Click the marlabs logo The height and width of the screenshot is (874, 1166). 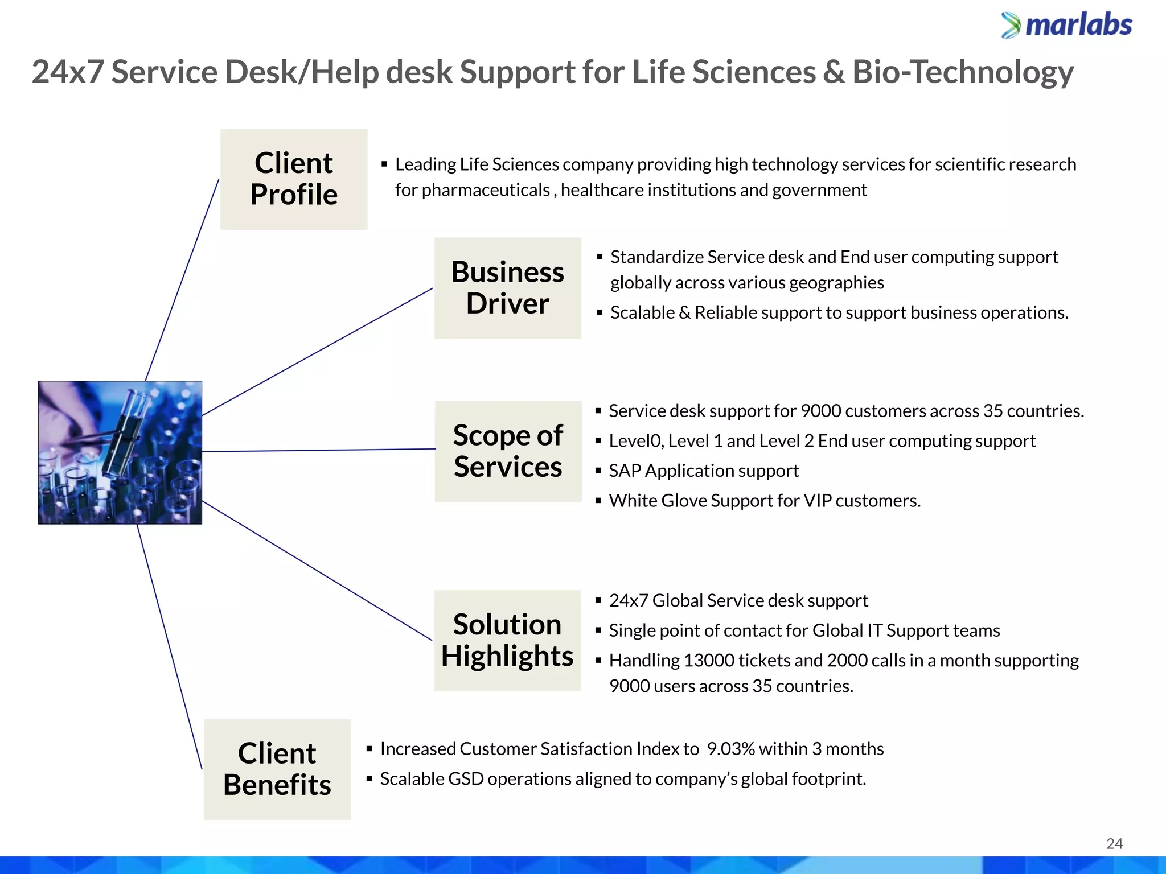tap(1066, 26)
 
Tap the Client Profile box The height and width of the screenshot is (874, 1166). tap(294, 179)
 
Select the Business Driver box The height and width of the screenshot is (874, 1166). tap(507, 288)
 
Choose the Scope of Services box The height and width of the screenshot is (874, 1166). tap(508, 451)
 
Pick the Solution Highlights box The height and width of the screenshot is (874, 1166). tap(507, 640)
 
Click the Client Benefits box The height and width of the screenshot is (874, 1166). tap(277, 769)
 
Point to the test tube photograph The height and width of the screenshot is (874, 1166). tap(120, 452)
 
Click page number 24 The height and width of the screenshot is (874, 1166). tap(1114, 844)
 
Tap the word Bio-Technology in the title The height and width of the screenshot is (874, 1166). tap(963, 72)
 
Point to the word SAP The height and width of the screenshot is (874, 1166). tap(625, 471)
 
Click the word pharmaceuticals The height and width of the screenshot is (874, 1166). tap(486, 190)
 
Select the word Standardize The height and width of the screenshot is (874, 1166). tap(657, 257)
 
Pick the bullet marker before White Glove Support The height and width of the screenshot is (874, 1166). tap(598, 501)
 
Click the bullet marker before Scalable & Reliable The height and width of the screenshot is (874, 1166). tap(600, 312)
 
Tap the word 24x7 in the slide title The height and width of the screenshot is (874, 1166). tap(68, 72)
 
